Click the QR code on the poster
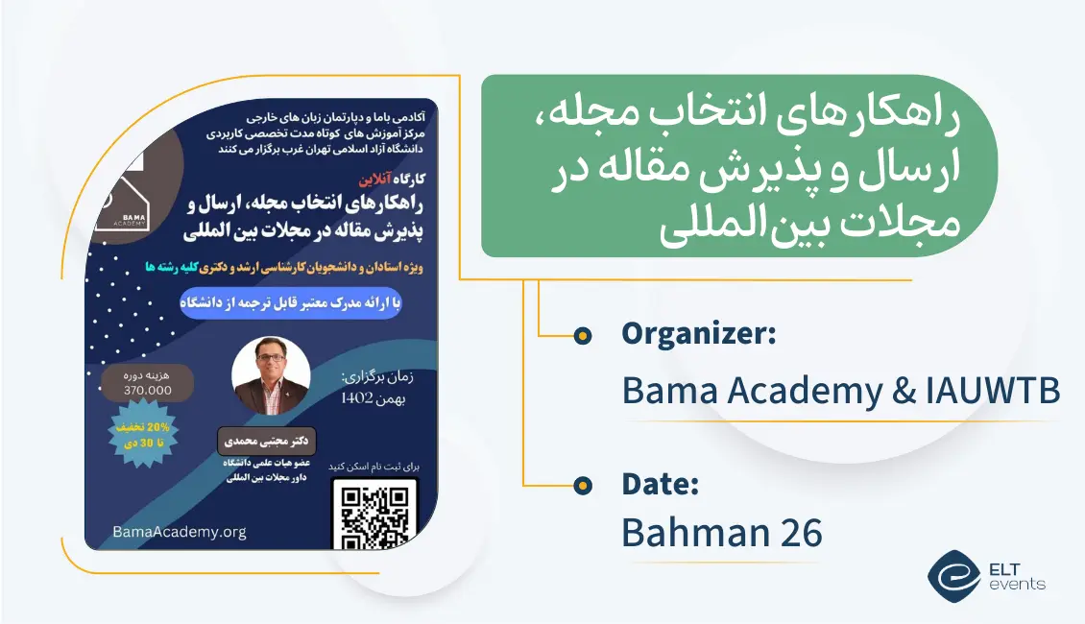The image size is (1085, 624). (375, 513)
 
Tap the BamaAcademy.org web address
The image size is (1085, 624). (180, 531)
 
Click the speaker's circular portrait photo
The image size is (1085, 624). (271, 374)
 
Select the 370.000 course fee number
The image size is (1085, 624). (148, 391)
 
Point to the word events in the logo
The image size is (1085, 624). (1020, 585)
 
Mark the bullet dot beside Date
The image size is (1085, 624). (582, 486)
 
